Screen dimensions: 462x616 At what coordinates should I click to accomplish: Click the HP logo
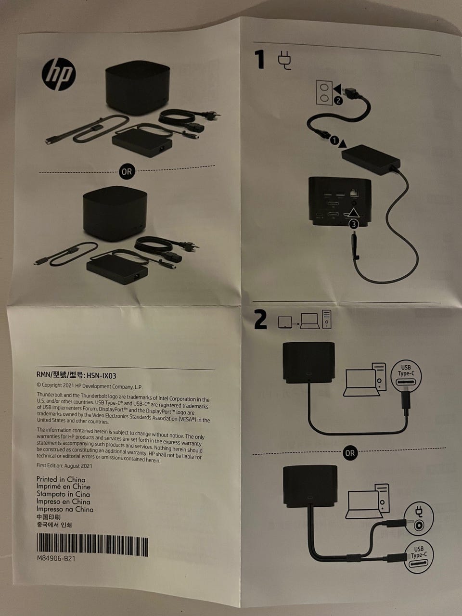click(x=59, y=74)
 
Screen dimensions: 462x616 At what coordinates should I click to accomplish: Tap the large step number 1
click(x=260, y=59)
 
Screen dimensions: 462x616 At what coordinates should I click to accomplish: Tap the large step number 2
click(x=260, y=320)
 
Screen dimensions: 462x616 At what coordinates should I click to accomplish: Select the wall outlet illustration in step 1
click(x=324, y=92)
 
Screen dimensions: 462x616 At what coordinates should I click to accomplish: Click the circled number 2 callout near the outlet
click(x=338, y=101)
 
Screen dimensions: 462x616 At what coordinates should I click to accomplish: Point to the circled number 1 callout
click(x=334, y=141)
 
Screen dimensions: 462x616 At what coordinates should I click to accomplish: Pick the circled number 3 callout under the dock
click(x=354, y=224)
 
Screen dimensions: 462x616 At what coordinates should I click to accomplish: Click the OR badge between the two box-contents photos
click(x=127, y=171)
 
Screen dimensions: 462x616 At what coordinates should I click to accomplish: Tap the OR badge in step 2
click(x=350, y=453)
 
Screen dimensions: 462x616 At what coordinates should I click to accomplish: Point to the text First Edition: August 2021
click(x=64, y=465)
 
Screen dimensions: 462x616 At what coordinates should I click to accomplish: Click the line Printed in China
click(x=61, y=479)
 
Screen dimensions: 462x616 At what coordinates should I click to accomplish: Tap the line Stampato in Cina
click(x=63, y=494)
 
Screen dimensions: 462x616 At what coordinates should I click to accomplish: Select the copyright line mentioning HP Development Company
click(x=90, y=386)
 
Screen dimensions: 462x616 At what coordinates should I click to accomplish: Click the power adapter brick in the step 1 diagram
click(x=371, y=160)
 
